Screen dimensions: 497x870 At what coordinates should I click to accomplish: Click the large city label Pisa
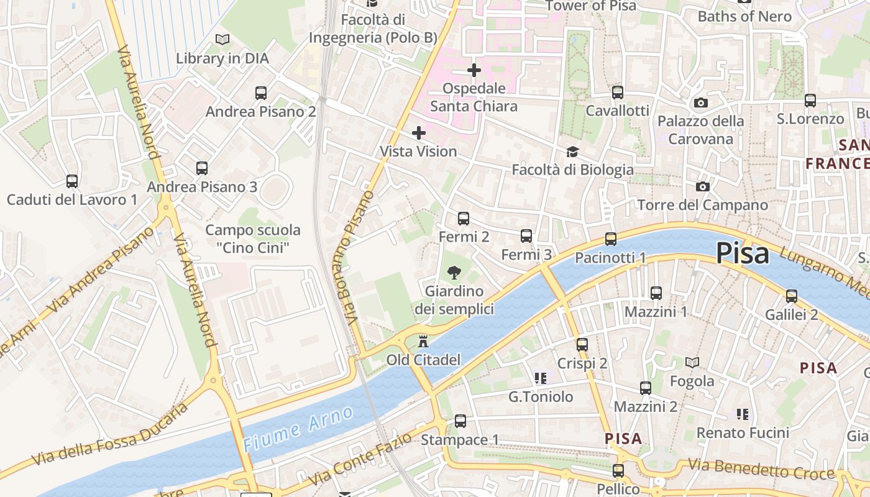[x=742, y=253]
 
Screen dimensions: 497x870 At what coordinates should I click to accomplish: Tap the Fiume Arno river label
[x=298, y=429]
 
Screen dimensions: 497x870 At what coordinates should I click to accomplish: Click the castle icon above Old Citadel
[x=424, y=341]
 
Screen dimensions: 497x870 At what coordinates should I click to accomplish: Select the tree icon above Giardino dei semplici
[x=454, y=272]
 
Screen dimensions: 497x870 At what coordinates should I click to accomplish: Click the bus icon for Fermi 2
[x=464, y=219]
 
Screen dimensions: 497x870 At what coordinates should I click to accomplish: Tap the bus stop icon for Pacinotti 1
[x=611, y=239]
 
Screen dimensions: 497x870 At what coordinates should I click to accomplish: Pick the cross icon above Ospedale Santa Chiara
[x=474, y=70]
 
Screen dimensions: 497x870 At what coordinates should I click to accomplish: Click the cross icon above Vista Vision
[x=419, y=132]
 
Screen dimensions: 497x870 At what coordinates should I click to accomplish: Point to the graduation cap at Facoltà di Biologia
[x=572, y=152]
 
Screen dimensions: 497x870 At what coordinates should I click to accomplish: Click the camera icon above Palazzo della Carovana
[x=701, y=103]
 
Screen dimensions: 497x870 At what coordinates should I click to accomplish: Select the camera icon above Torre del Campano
[x=703, y=186]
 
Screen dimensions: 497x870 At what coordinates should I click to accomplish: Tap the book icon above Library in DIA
[x=222, y=40]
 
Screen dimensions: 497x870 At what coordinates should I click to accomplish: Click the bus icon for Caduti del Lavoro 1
[x=72, y=181]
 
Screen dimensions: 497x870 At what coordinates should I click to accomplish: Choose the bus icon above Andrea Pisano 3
[x=202, y=168]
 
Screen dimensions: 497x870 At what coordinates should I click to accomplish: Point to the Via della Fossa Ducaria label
[x=109, y=435]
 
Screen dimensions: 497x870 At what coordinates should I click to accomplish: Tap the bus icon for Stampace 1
[x=460, y=421]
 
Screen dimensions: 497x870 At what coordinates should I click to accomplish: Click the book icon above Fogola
[x=692, y=362]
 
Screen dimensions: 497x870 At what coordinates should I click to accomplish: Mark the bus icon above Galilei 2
[x=792, y=296]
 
